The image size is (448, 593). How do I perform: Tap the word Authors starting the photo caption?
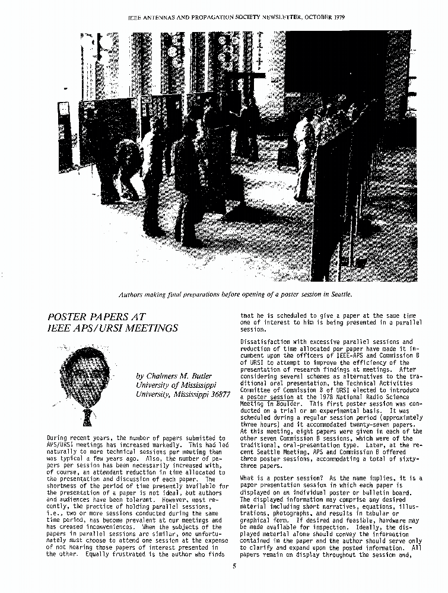coord(132,294)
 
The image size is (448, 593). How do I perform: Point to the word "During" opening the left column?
coord(59,438)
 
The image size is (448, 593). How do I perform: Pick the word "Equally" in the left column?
coord(100,554)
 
